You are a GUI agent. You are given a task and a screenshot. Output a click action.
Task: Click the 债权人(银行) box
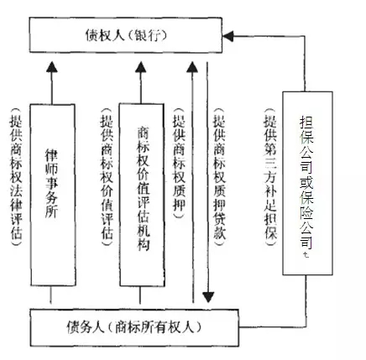[126, 35]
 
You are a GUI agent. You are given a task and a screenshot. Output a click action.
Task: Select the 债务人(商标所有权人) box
[134, 327]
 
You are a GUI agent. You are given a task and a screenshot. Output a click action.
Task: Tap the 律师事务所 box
[52, 195]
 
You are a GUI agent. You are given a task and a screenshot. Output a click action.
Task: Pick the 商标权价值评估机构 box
[142, 195]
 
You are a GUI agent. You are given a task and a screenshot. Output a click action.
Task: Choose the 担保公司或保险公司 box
[307, 183]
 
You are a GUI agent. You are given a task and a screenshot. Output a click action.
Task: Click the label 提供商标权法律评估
[16, 177]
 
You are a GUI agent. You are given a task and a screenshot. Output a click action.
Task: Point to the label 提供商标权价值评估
[107, 177]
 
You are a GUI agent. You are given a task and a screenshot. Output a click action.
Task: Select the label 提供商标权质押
[179, 163]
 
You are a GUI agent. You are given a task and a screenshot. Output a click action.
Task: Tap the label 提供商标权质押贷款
[220, 177]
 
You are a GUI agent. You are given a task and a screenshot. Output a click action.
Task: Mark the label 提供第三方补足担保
[270, 177]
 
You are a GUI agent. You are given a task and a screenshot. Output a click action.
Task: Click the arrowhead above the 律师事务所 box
[52, 66]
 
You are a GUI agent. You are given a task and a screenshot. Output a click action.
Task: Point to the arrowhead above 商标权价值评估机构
[141, 67]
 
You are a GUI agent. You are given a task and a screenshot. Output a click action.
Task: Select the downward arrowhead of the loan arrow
[208, 297]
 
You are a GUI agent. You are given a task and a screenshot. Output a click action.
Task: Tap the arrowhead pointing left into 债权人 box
[227, 36]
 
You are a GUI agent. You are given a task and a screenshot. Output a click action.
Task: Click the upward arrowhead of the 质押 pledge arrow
[192, 67]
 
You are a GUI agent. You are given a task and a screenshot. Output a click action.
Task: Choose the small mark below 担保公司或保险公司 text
[306, 255]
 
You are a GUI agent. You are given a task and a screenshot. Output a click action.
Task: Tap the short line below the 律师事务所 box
[51, 295]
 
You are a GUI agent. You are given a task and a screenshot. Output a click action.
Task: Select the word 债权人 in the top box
[105, 35]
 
